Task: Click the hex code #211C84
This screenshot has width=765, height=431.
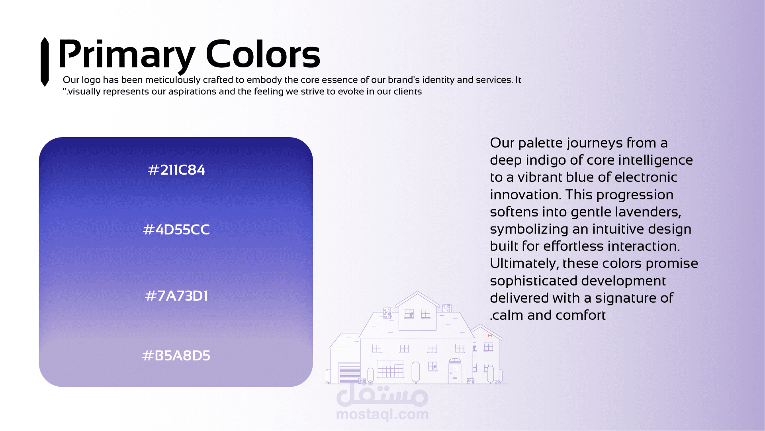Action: [176, 170]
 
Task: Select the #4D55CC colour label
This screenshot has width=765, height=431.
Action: [176, 230]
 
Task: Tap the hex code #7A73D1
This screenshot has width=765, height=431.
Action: [176, 296]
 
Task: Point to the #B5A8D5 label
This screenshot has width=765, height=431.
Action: [176, 356]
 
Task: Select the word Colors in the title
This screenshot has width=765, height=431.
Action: [263, 54]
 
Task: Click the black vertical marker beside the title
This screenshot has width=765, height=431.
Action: [45, 62]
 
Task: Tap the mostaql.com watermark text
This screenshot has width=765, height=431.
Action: [382, 414]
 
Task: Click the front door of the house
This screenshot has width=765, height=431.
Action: [455, 373]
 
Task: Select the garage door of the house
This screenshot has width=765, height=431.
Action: [349, 374]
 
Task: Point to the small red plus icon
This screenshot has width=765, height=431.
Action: [490, 336]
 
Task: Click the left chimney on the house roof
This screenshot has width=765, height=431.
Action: [388, 313]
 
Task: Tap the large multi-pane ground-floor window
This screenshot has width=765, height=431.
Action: [390, 369]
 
